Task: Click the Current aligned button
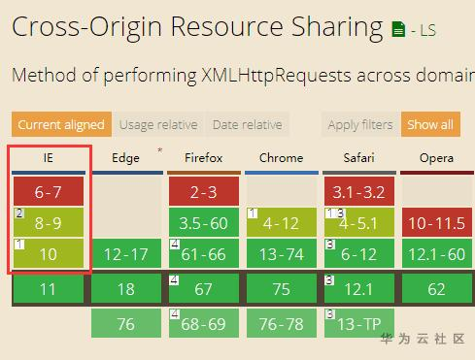61,124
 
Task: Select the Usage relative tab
158,124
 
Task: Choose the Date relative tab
247,124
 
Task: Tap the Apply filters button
360,124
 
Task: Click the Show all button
430,124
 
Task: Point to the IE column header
49,158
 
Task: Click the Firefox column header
204,158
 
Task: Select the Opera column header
436,158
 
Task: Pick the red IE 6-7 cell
49,191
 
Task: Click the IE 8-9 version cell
49,222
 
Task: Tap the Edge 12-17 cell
126,253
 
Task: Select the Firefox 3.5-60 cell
204,222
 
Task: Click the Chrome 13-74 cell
282,253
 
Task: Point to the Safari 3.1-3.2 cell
359,191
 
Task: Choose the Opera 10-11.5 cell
437,222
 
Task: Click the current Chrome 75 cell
282,288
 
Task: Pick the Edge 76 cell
126,323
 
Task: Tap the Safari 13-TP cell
359,323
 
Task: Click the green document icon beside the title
398,29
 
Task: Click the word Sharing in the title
337,28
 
